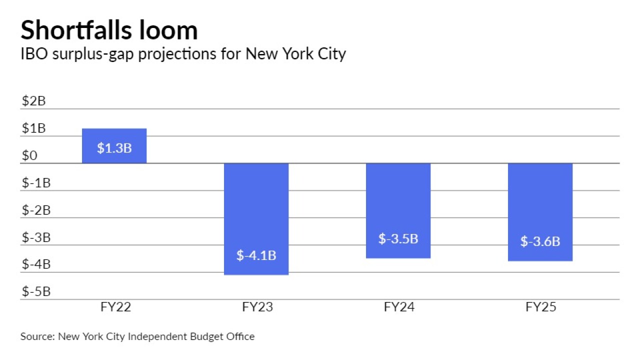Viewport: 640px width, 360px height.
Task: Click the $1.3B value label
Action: pyautogui.click(x=114, y=148)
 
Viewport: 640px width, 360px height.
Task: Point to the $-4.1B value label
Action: pyautogui.click(x=256, y=255)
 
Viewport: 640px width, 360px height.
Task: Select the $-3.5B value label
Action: pyautogui.click(x=398, y=238)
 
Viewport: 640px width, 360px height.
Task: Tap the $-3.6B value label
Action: pyautogui.click(x=540, y=241)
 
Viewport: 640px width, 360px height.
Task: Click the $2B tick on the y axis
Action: pyautogui.click(x=33, y=101)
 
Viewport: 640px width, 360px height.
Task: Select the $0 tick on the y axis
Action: pyautogui.click(x=29, y=156)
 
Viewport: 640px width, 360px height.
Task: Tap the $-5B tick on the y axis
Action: pyautogui.click(x=36, y=291)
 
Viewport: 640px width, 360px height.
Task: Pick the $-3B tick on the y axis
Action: pyautogui.click(x=36, y=237)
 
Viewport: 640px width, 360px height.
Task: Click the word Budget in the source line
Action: pyautogui.click(x=205, y=336)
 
